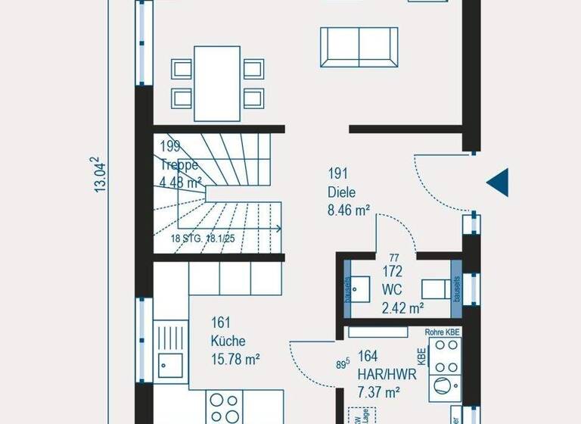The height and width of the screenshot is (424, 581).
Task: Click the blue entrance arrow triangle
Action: (x=499, y=182)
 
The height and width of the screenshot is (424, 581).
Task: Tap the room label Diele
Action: (x=341, y=192)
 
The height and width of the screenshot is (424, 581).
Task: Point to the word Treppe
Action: (x=179, y=164)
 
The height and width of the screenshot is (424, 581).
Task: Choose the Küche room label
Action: (x=228, y=341)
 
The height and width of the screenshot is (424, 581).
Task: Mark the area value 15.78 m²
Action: (x=235, y=360)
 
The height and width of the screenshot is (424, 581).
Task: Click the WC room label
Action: (x=393, y=288)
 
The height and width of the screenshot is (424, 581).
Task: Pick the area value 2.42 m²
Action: (x=402, y=307)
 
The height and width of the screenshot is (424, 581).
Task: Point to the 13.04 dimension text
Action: (x=99, y=175)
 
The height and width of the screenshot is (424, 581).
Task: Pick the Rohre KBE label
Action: (x=443, y=332)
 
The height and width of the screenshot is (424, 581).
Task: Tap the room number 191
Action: (x=337, y=173)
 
